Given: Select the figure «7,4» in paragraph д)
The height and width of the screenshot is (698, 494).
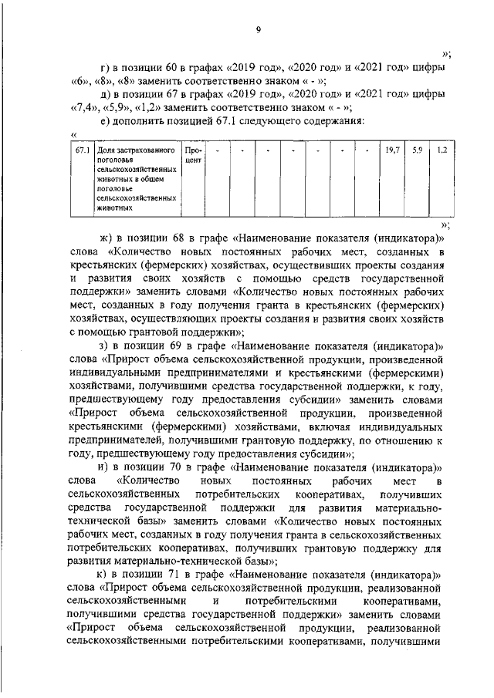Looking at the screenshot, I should pyautogui.click(x=81, y=107).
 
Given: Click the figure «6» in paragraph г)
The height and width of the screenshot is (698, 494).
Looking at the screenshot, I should pyautogui.click(x=77, y=81).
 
